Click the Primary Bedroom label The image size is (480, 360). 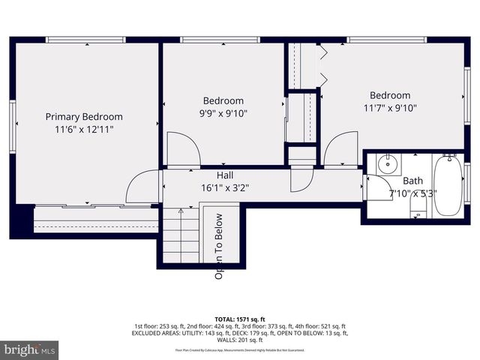(84, 117)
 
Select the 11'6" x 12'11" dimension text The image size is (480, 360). (84, 129)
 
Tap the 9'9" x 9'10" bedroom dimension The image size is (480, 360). (223, 113)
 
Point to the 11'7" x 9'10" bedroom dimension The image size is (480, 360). (390, 108)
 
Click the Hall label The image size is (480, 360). (225, 175)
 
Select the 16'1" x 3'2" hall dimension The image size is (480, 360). (225, 187)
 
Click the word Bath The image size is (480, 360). (412, 181)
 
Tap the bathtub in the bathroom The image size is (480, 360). (449, 184)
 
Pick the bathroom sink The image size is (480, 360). (388, 163)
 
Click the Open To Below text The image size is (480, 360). (220, 247)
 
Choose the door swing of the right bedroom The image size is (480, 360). (341, 148)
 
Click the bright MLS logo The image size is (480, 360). (30, 349)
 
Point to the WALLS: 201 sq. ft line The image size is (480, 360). (240, 339)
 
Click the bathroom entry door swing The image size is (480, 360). (375, 187)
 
